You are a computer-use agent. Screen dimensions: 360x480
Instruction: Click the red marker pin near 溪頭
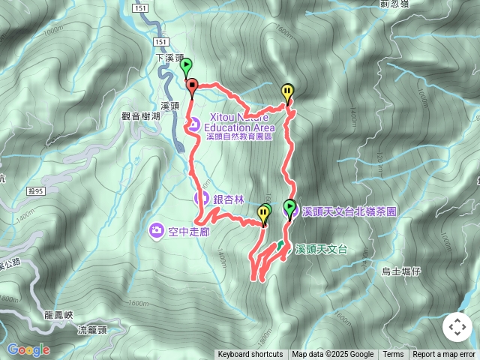coord(191,85)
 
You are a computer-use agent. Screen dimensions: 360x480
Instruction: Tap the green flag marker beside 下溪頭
coord(186,66)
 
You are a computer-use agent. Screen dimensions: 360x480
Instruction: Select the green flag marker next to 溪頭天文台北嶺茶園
coord(289,207)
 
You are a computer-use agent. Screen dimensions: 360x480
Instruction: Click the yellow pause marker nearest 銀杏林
coord(262,215)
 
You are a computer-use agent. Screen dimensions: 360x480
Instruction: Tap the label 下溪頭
coord(169,58)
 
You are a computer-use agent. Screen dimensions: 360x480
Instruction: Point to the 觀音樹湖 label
coord(141,116)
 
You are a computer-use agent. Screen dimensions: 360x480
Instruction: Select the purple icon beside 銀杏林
coord(201,199)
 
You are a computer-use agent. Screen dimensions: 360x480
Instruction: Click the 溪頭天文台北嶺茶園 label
coord(349,212)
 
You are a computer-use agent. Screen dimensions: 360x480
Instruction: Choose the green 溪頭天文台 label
coord(321,248)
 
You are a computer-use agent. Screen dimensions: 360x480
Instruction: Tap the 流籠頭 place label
coord(92,329)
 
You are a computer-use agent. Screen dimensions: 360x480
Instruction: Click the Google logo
coord(28,349)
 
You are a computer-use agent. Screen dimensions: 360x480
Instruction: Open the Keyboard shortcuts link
coord(250,355)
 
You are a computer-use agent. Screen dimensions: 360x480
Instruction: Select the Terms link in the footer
coord(393,355)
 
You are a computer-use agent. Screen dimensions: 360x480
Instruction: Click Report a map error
coord(445,355)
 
